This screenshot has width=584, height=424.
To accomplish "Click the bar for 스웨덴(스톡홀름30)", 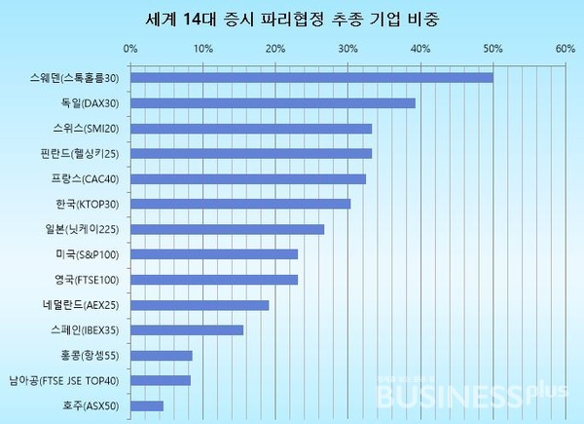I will point(311,78).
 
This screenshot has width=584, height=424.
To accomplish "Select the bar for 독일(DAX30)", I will point(273,103).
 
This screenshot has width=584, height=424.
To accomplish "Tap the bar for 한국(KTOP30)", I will point(239,204).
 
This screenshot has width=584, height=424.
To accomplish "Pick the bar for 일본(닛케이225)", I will point(227,229).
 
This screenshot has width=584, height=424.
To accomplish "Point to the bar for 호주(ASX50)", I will point(146,405).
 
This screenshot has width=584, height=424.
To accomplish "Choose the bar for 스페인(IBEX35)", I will point(186,329).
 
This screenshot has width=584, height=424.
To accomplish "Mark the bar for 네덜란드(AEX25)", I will point(199,305).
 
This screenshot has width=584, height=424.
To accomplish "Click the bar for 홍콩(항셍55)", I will point(161,355).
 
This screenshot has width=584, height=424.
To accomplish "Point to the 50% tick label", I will point(493,47).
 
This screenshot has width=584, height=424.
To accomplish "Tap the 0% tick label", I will point(129,47).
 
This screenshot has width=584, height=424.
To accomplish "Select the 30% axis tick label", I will point(347,47).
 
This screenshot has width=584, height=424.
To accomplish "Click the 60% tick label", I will point(565,47).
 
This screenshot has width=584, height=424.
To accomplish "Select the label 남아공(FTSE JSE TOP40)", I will point(64,380).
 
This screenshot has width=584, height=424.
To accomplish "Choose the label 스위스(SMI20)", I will point(89,129).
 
